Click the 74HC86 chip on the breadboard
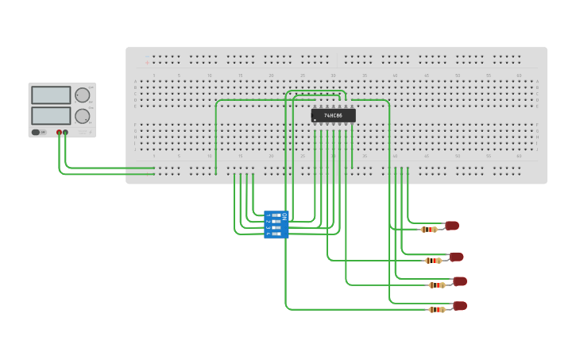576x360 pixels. [x=333, y=116]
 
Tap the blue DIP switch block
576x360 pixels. [x=276, y=224]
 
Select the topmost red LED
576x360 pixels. [x=452, y=226]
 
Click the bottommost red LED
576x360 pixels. [x=460, y=306]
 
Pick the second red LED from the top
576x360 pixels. [x=456, y=257]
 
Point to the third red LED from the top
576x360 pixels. [x=460, y=281]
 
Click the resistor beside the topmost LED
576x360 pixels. [x=429, y=230]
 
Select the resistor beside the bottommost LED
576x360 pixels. [x=436, y=310]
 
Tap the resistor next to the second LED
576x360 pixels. [x=433, y=261]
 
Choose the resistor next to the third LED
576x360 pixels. [x=436, y=285]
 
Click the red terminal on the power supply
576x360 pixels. [x=59, y=132]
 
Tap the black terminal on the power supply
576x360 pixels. [x=65, y=132]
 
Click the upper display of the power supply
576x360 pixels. [x=51, y=95]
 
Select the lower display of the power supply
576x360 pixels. [x=51, y=115]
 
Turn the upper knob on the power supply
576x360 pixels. [x=82, y=95]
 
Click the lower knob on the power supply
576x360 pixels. [x=82, y=116]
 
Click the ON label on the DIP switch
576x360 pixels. [x=284, y=215]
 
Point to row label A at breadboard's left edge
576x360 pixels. [x=135, y=82]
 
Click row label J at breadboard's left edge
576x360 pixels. [x=135, y=149]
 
